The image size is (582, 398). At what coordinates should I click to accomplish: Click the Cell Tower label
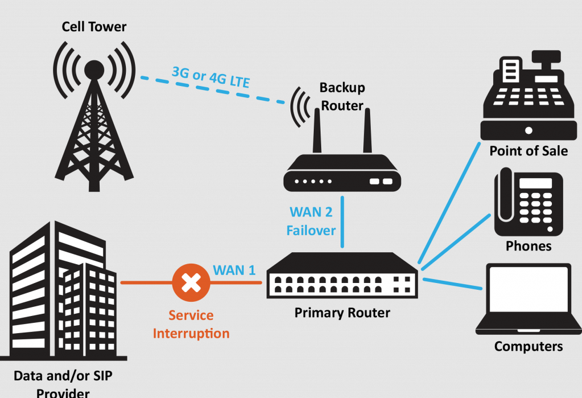coord(94,26)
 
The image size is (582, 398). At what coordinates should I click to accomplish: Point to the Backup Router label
coord(342,96)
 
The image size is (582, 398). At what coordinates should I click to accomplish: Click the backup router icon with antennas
coord(342,165)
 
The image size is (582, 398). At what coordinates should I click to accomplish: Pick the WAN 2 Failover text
coord(311,221)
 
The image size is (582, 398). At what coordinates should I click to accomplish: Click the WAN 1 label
coord(234,270)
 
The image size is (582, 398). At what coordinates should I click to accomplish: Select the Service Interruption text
coord(191,324)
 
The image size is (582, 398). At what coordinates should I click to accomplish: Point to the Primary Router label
coord(342,313)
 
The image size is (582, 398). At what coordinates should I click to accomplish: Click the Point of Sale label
coord(529,151)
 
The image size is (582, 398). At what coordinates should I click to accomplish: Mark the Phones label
coord(529,246)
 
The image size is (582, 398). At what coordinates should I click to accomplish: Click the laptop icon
coord(529,298)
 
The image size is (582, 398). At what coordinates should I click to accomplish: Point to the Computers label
coord(529,346)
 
